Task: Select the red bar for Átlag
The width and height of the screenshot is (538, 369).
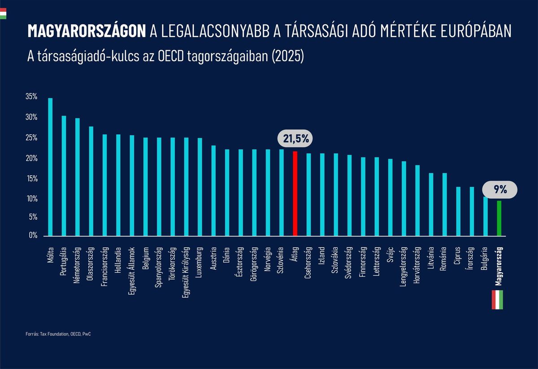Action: pyautogui.click(x=295, y=193)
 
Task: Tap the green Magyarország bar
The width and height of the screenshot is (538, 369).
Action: pyautogui.click(x=499, y=218)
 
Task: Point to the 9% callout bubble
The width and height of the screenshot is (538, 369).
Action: pyautogui.click(x=500, y=189)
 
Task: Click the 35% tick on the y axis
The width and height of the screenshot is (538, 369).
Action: pyautogui.click(x=31, y=97)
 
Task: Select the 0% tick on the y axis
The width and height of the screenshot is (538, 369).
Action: pyautogui.click(x=32, y=235)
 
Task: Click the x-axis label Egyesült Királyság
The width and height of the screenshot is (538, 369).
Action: pyautogui.click(x=186, y=268)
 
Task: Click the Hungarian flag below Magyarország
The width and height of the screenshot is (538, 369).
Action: pyautogui.click(x=498, y=300)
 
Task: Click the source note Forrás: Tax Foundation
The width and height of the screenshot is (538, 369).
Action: pyautogui.click(x=61, y=334)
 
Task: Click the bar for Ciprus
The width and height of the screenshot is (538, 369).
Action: pyautogui.click(x=458, y=211)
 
